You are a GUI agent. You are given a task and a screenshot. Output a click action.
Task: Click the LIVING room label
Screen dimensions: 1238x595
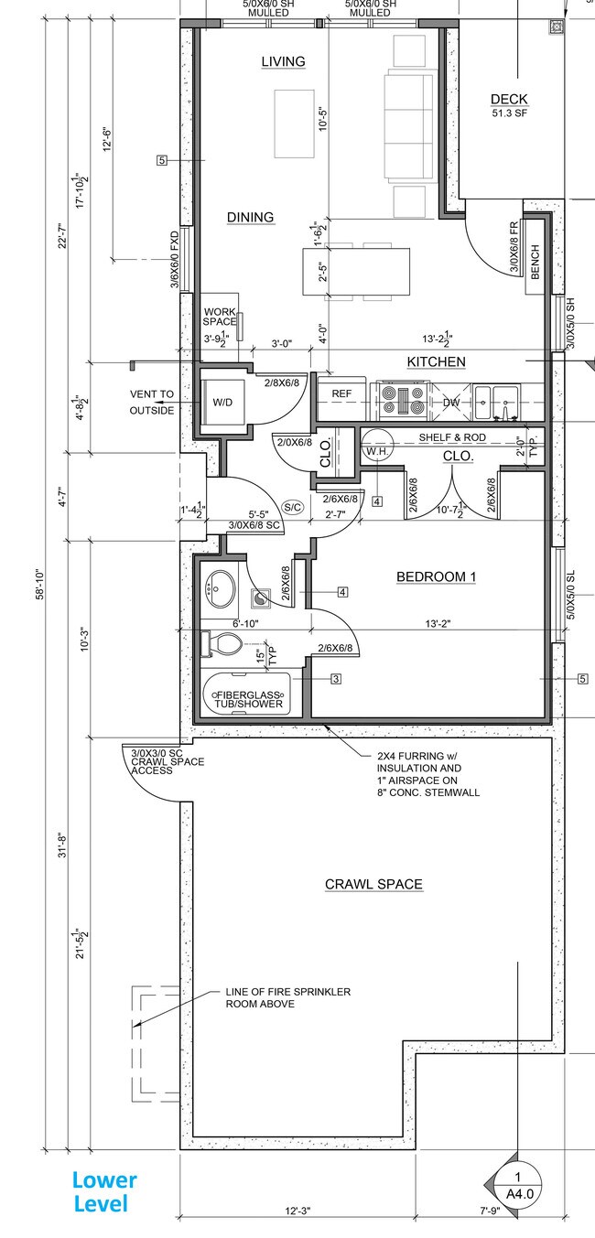(x=283, y=61)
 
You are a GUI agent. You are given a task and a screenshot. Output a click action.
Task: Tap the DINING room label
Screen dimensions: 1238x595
(x=250, y=217)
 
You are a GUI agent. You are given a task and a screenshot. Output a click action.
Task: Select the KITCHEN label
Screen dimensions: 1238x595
(x=436, y=362)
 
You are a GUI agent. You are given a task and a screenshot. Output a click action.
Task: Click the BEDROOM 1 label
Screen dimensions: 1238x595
(x=436, y=576)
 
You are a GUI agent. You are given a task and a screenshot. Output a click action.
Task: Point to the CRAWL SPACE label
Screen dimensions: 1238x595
(x=373, y=884)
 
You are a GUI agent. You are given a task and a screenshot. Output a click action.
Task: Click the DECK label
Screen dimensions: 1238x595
(x=509, y=100)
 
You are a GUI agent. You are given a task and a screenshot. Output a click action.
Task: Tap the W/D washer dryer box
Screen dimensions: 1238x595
(x=222, y=402)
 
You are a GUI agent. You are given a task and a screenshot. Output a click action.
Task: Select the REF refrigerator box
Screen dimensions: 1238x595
(x=341, y=394)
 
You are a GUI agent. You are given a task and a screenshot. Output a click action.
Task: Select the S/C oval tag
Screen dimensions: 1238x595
(x=293, y=507)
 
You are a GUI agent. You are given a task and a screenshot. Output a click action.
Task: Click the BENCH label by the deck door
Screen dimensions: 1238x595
(x=535, y=264)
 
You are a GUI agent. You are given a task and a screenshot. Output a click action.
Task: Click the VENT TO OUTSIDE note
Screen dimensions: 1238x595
(x=151, y=403)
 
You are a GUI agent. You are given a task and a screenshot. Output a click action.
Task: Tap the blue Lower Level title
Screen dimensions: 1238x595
(x=104, y=1191)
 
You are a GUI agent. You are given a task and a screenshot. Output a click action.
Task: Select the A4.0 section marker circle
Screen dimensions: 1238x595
(x=517, y=1185)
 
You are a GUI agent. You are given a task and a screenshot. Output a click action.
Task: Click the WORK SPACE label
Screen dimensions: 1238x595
(x=220, y=317)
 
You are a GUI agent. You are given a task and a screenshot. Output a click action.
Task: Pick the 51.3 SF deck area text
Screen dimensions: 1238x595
(x=509, y=113)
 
